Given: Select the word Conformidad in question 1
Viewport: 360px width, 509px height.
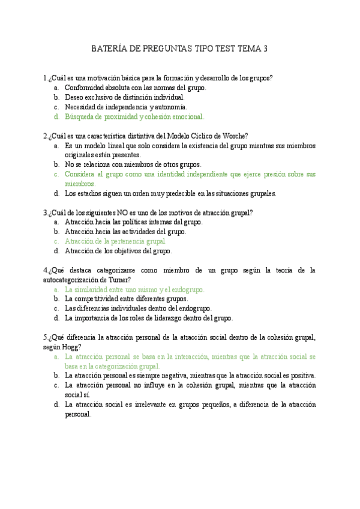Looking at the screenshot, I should pyautogui.click(x=84, y=87).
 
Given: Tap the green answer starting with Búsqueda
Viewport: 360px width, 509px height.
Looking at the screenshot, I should pyautogui.click(x=134, y=116).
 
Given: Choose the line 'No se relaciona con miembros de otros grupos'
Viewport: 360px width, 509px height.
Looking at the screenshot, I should pyautogui.click(x=133, y=164).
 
